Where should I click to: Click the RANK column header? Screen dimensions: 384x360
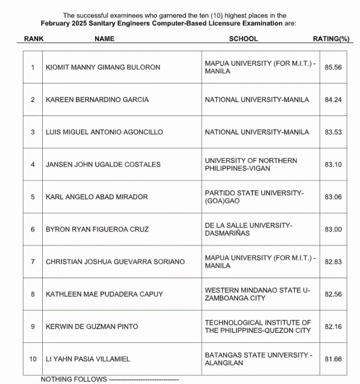tap(34, 39)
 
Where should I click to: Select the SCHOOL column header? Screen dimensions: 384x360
tap(243, 39)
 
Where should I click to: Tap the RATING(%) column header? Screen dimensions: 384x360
tap(331, 39)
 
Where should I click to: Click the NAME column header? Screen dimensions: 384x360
tap(104, 39)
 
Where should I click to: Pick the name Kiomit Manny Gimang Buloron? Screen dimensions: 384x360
tap(103, 67)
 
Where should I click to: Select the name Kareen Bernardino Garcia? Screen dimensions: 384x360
tap(97, 100)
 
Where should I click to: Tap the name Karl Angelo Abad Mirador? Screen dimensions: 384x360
tap(97, 197)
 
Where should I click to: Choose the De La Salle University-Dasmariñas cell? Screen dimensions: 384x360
tap(248, 229)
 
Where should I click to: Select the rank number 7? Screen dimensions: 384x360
tap(33, 261)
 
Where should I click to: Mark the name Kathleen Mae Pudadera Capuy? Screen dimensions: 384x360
tap(104, 294)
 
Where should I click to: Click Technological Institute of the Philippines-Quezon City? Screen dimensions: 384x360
tap(258, 327)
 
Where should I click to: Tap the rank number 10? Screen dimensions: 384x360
tap(33, 359)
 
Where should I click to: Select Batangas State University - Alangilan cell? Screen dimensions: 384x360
tap(258, 359)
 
